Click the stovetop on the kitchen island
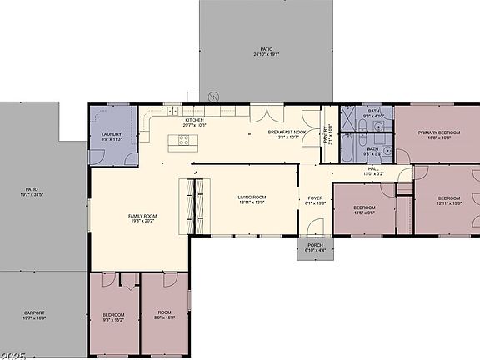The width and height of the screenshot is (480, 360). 183,141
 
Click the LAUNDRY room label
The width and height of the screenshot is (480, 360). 112,134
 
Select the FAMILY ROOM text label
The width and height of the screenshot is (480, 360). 142,216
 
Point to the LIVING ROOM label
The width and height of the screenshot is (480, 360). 251,197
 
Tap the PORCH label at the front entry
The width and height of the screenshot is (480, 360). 315,245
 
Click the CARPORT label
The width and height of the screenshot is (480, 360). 34,312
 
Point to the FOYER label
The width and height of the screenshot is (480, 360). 316,197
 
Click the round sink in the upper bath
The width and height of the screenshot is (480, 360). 379,127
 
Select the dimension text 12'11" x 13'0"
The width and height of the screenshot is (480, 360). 448,203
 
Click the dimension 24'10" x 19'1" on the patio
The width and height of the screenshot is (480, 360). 266,54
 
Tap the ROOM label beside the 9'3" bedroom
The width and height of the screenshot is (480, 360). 164,314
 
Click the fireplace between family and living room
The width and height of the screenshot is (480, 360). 192,205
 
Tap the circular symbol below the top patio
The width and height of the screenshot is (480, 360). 213,96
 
